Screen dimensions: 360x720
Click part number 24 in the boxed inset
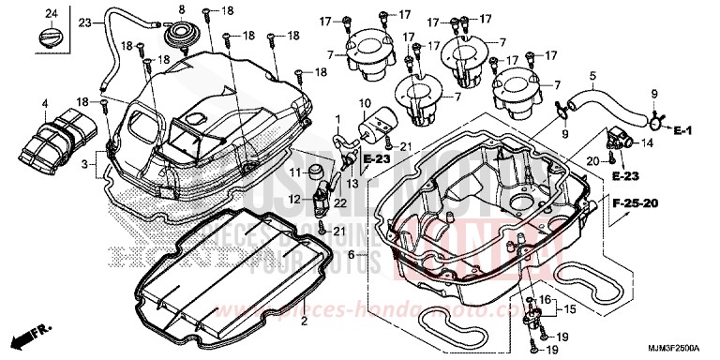[51, 11]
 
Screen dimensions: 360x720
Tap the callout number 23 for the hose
[84, 22]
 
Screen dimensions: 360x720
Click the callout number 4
[44, 102]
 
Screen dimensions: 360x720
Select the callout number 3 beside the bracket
[86, 165]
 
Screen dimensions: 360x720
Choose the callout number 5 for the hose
[592, 75]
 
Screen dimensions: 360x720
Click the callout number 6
[351, 253]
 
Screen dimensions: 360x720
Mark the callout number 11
[292, 173]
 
